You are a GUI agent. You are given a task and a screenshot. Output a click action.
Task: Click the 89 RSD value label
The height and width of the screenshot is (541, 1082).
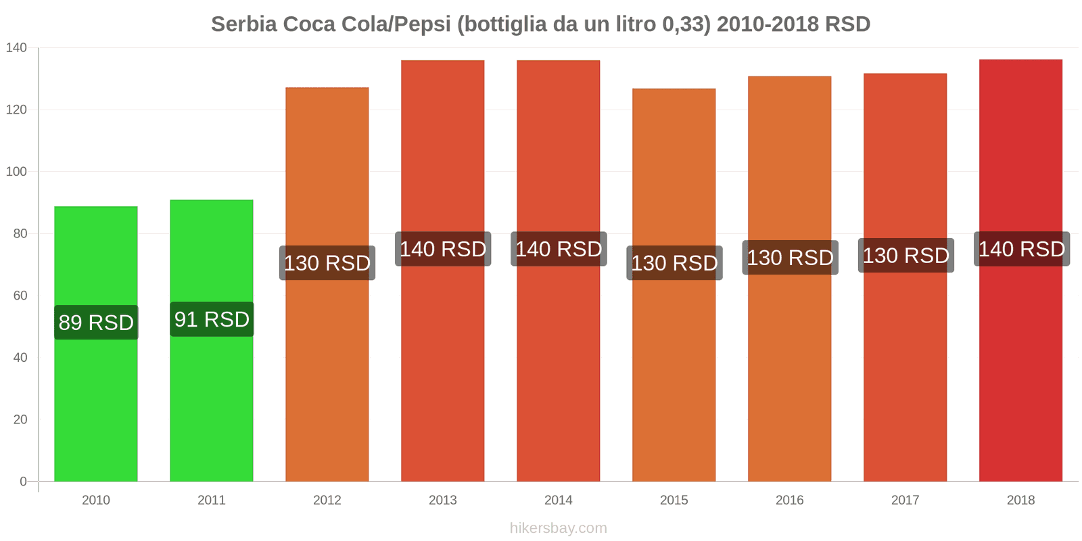96,323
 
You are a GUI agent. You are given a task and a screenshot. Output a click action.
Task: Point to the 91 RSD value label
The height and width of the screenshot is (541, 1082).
212,319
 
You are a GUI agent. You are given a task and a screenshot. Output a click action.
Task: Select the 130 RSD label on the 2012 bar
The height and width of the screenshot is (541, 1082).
327,263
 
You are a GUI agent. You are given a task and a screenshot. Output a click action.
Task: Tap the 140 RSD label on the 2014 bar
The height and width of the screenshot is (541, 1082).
559,249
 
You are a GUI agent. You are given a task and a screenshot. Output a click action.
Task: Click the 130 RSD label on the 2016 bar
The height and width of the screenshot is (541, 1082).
790,258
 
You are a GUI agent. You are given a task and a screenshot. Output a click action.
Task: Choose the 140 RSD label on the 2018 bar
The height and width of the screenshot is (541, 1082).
1021,249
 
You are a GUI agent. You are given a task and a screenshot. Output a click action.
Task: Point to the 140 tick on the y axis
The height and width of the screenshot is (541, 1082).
16,47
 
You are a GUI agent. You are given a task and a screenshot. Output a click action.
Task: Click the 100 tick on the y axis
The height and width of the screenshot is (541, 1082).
16,172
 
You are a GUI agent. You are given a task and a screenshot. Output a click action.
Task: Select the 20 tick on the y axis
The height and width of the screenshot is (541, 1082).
20,419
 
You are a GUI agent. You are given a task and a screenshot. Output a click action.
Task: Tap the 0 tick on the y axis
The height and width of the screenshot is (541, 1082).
24,481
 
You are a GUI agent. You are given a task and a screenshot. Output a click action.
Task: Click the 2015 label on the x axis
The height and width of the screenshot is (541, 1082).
674,500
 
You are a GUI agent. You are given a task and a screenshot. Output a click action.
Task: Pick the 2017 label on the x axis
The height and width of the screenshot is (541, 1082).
905,500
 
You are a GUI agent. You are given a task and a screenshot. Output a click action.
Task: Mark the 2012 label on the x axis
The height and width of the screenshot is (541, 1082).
327,500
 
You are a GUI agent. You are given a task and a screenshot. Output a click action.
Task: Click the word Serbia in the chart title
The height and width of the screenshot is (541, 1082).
244,24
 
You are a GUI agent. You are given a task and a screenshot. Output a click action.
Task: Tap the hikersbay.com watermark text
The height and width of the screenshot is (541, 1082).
559,528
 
